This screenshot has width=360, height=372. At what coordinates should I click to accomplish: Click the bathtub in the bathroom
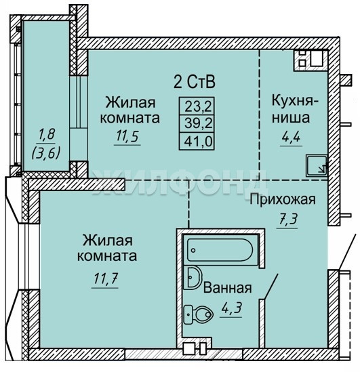pos(220,249)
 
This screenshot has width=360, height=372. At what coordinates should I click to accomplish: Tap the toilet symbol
pos(199,314)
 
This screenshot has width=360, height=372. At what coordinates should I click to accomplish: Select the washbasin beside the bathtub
pos(195,277)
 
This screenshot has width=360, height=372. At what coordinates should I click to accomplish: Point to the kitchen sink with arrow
pos(317,165)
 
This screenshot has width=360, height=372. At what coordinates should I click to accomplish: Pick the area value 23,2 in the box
pos(198,106)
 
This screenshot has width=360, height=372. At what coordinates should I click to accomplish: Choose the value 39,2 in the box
pos(199,123)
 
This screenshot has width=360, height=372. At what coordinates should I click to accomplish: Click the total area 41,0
pos(198,142)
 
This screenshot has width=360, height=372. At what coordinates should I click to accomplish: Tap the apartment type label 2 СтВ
pos(195,81)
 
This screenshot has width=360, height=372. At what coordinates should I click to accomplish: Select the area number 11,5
pos(127,136)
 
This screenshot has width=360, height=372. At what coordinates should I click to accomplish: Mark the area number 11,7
pos(106,278)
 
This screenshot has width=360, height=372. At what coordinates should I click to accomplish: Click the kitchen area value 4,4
pos(291,136)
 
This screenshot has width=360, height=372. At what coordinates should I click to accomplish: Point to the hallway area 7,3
pos(288,220)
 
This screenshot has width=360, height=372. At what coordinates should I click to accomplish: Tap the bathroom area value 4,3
pos(231,308)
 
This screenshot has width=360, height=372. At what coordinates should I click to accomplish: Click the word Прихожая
pos(283,199)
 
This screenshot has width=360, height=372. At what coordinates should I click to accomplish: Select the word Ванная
pos(227,288)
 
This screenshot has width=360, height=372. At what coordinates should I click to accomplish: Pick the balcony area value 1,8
pos(47,134)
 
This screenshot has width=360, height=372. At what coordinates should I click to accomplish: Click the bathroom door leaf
pos(271,286)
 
